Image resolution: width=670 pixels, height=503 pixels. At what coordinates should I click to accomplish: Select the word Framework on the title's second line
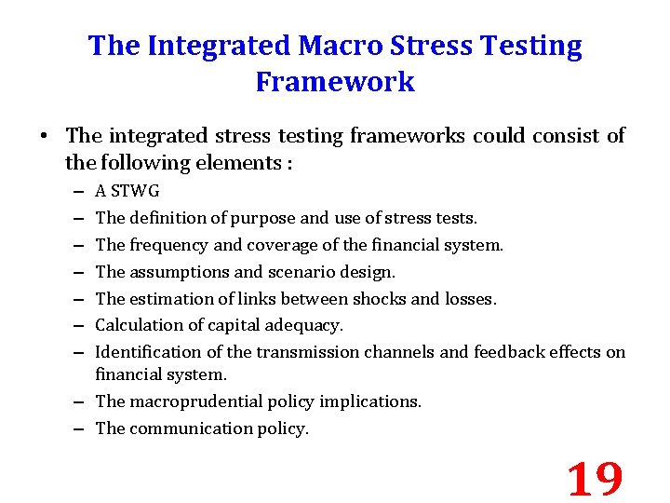pyautogui.click(x=335, y=82)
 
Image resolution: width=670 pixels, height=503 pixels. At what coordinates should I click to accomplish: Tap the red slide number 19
pyautogui.click(x=595, y=479)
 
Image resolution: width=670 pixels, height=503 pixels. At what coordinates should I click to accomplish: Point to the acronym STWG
pyautogui.click(x=136, y=192)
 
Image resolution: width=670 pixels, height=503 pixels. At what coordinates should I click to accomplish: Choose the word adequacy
pyautogui.click(x=306, y=325)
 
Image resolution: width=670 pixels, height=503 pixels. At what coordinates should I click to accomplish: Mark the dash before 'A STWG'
pyautogui.click(x=75, y=192)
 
